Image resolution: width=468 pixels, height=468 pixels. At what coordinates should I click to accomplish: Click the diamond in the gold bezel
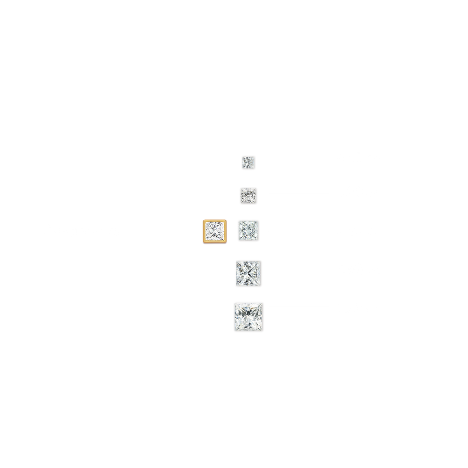(x=214, y=232)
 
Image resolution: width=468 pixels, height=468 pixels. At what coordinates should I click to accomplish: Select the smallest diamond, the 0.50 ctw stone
(x=249, y=162)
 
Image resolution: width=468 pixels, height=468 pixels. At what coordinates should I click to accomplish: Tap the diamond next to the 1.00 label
(x=248, y=195)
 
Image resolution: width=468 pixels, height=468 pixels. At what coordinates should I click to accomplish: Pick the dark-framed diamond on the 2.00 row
(x=249, y=230)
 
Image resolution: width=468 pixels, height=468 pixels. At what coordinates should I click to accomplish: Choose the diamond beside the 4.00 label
(x=249, y=273)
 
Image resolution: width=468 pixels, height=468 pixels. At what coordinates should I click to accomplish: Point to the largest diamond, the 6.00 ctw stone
(x=249, y=317)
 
